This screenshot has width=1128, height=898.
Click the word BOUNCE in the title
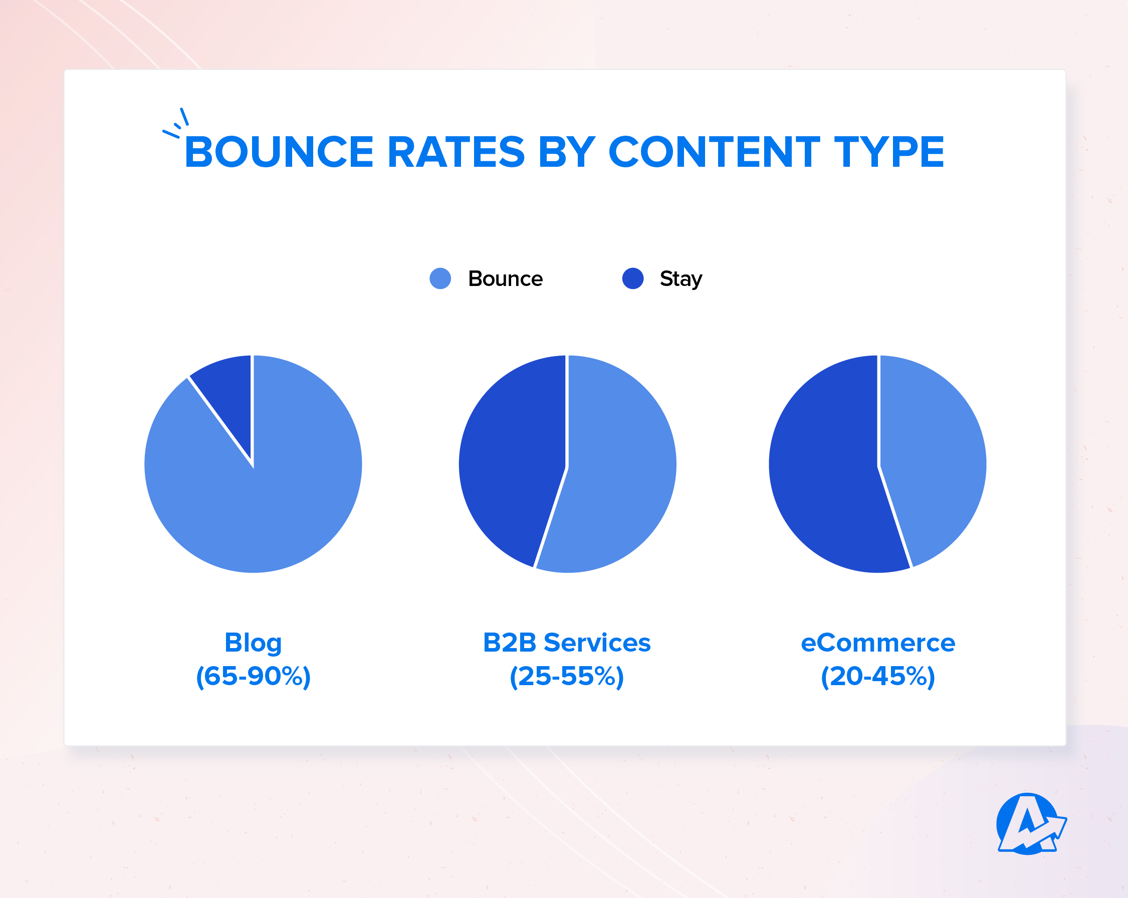tap(279, 152)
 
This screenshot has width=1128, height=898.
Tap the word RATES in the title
tap(456, 152)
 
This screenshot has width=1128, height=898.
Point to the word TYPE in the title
tap(889, 152)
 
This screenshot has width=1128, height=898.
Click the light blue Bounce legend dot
tap(440, 278)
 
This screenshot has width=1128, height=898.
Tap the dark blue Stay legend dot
tap(632, 278)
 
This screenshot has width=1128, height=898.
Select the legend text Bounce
tap(506, 279)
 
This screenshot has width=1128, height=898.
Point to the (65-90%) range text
tap(253, 676)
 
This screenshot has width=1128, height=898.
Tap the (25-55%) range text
tap(567, 676)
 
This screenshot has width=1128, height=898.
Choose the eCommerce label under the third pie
tap(877, 643)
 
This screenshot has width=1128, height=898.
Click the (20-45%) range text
tap(877, 676)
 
